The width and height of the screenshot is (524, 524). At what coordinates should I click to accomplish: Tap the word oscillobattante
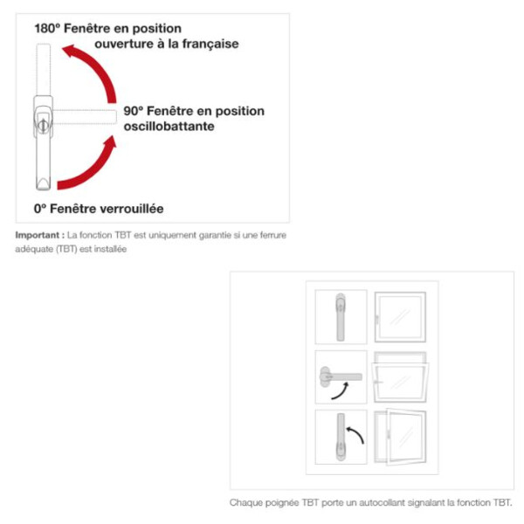coord(169,127)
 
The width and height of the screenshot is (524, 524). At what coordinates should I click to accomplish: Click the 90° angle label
coord(133,111)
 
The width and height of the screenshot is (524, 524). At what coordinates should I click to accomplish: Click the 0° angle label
coord(40,209)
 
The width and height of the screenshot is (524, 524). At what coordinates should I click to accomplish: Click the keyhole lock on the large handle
coord(43,125)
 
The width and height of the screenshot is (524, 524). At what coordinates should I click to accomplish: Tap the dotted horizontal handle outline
coord(85,117)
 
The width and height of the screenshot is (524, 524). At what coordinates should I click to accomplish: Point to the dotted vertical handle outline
coord(44,70)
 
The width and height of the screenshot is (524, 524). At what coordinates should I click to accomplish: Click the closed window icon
coord(400,317)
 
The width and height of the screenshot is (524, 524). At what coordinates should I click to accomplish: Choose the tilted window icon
coord(400,377)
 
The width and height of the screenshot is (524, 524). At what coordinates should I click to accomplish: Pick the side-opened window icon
coord(400,438)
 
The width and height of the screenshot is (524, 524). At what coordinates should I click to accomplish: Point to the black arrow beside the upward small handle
coord(355,434)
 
